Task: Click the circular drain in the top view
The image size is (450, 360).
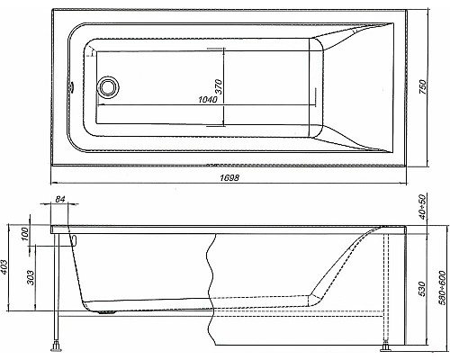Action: [x=109, y=87]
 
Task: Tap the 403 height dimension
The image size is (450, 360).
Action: [x=8, y=265]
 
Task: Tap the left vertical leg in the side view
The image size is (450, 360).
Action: [x=56, y=288]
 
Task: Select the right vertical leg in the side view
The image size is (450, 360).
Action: [x=388, y=288]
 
